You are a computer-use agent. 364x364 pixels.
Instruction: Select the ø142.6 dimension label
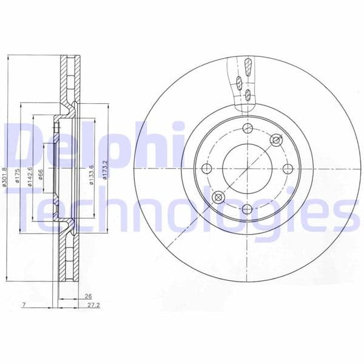click(30, 177)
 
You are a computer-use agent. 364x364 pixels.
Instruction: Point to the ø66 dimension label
click(41, 176)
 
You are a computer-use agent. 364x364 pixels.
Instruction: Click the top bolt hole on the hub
click(247, 129)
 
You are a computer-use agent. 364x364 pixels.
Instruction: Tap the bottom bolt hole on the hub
click(247, 209)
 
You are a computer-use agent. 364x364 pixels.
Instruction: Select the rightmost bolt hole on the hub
click(288, 169)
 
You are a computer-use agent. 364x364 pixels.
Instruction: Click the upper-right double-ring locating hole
click(276, 141)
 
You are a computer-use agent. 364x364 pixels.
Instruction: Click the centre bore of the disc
click(247, 169)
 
